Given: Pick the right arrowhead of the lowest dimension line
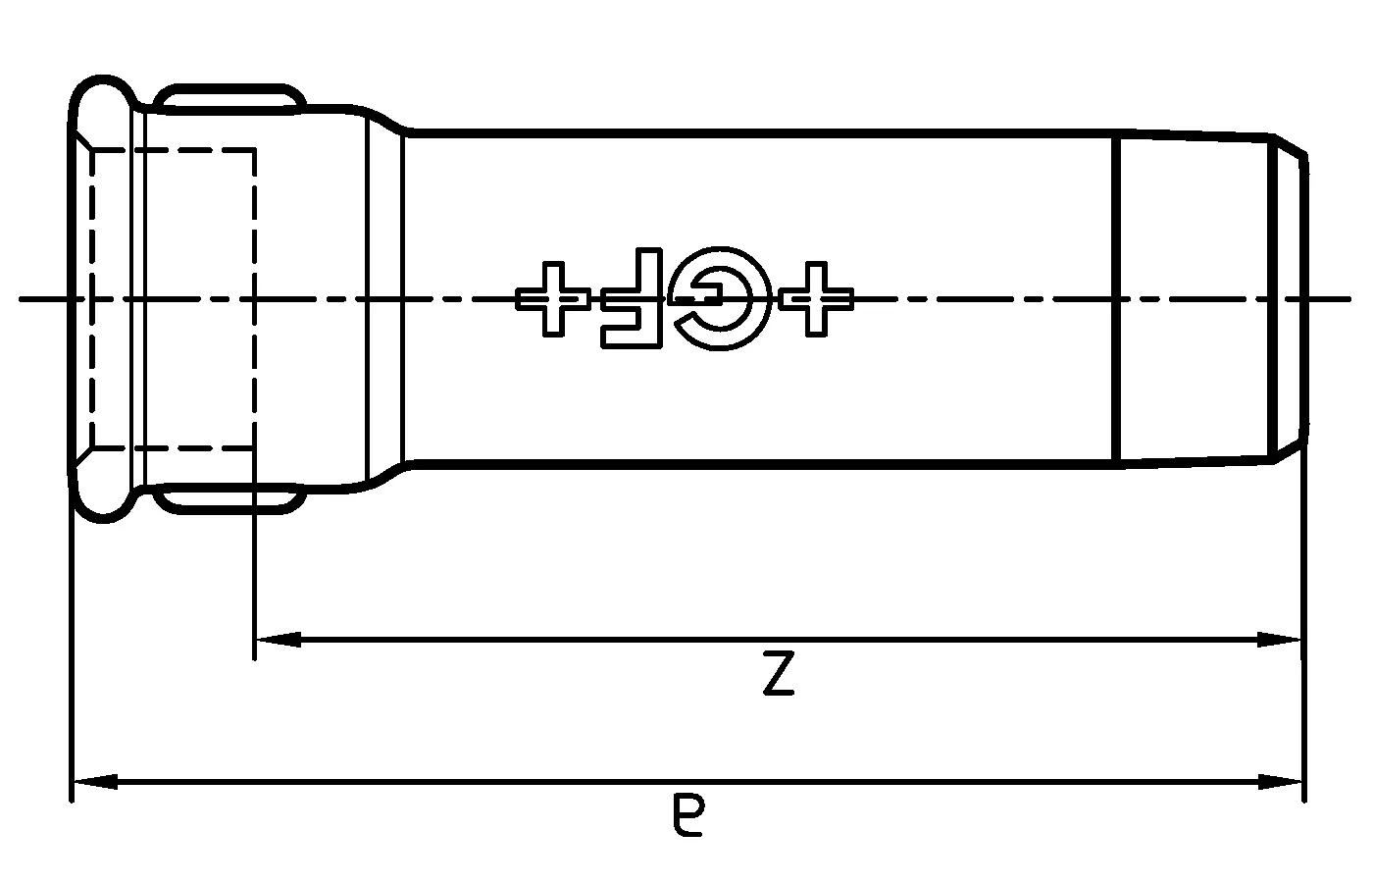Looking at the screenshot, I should pos(1281,781).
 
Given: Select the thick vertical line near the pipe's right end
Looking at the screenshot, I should pos(1119,298).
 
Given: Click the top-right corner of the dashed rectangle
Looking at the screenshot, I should pos(255,150).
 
